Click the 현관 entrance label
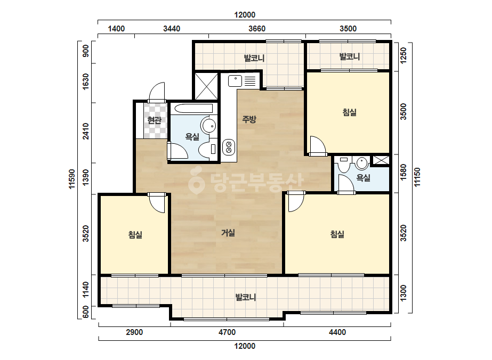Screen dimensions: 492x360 (154, 120)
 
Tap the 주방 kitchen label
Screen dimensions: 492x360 (249, 119)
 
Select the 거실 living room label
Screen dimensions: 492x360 (228, 233)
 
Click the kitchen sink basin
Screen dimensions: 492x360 (235, 80)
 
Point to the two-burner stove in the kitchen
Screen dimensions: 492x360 (229, 148)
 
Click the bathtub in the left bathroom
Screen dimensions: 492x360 (193, 109)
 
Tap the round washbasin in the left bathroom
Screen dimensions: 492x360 (209, 126)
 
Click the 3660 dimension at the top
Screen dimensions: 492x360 (257, 29)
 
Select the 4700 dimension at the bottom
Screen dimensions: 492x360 (227, 332)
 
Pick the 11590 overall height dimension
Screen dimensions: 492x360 (72, 179)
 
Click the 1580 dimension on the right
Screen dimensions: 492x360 (403, 172)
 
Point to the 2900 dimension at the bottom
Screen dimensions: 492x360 (134, 332)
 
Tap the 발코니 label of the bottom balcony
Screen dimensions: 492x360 (246, 297)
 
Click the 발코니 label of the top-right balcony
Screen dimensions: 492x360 (349, 57)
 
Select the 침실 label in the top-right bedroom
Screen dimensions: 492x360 (349, 112)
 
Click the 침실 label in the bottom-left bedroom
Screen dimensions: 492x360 (135, 234)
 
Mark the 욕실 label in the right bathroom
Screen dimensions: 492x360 (363, 178)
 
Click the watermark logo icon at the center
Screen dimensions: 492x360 (196, 181)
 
